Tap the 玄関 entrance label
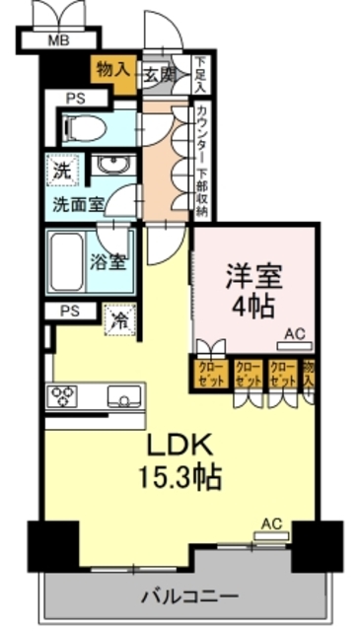click(x=161, y=75)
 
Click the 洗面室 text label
click(x=77, y=207)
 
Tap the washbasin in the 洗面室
click(x=116, y=164)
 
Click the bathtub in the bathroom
click(x=66, y=260)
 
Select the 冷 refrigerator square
click(x=117, y=317)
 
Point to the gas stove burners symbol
click(x=64, y=398)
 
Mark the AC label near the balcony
click(x=271, y=524)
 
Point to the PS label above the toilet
click(x=74, y=99)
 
